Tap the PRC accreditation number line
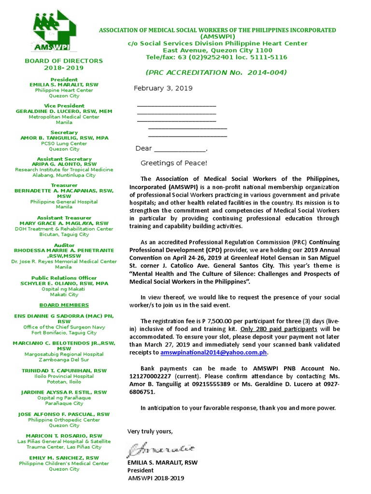(x=216, y=72)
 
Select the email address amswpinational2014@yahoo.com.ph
(x=214, y=353)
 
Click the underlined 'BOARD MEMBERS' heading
(x=64, y=305)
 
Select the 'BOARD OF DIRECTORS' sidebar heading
(x=64, y=61)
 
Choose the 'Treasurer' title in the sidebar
(x=64, y=185)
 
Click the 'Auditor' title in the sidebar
(x=64, y=245)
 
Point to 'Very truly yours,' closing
(x=149, y=431)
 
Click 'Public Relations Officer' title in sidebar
(x=64, y=278)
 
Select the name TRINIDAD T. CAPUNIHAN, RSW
(x=64, y=370)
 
